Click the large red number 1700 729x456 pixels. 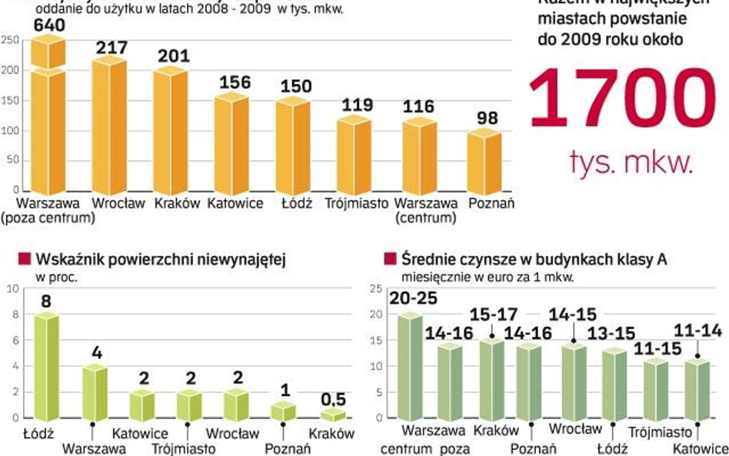coord(621,98)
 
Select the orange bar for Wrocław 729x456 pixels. coord(108,127)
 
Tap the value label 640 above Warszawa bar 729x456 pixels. coord(48,26)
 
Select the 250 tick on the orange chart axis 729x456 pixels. coord(10,41)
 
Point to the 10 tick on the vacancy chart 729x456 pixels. coord(11,289)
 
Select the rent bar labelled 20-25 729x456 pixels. coord(411,368)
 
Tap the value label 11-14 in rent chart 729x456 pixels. coord(698,332)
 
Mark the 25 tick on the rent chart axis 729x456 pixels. coord(376,289)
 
